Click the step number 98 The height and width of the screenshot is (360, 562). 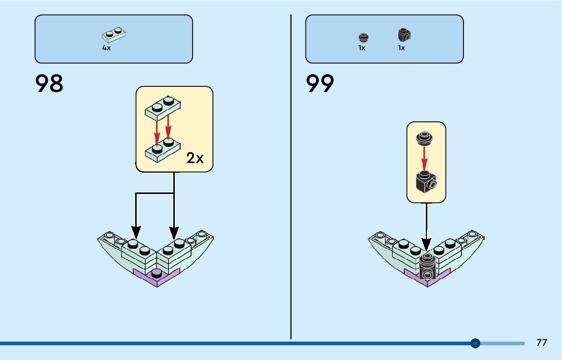point(49,84)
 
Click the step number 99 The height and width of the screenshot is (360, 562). point(320,84)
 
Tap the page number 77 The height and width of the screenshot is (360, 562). point(542,343)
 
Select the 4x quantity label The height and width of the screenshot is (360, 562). point(106,48)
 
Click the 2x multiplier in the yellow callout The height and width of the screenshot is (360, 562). point(195,158)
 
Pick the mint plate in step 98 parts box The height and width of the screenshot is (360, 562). point(114,35)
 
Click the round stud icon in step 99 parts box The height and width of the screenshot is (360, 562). point(363,37)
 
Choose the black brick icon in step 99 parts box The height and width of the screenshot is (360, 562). point(404,35)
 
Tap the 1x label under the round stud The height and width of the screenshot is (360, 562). point(362,48)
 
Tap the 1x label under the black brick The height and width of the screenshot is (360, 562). point(401,48)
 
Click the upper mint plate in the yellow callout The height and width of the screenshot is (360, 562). point(163,107)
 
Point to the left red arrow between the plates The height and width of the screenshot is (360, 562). point(158,132)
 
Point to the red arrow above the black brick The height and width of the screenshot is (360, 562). point(424,157)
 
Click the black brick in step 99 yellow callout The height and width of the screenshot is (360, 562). point(426,182)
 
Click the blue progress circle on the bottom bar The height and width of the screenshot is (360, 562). point(475,344)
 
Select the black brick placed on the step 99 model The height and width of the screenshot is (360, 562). point(428,268)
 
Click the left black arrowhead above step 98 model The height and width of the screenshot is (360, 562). point(135,232)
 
